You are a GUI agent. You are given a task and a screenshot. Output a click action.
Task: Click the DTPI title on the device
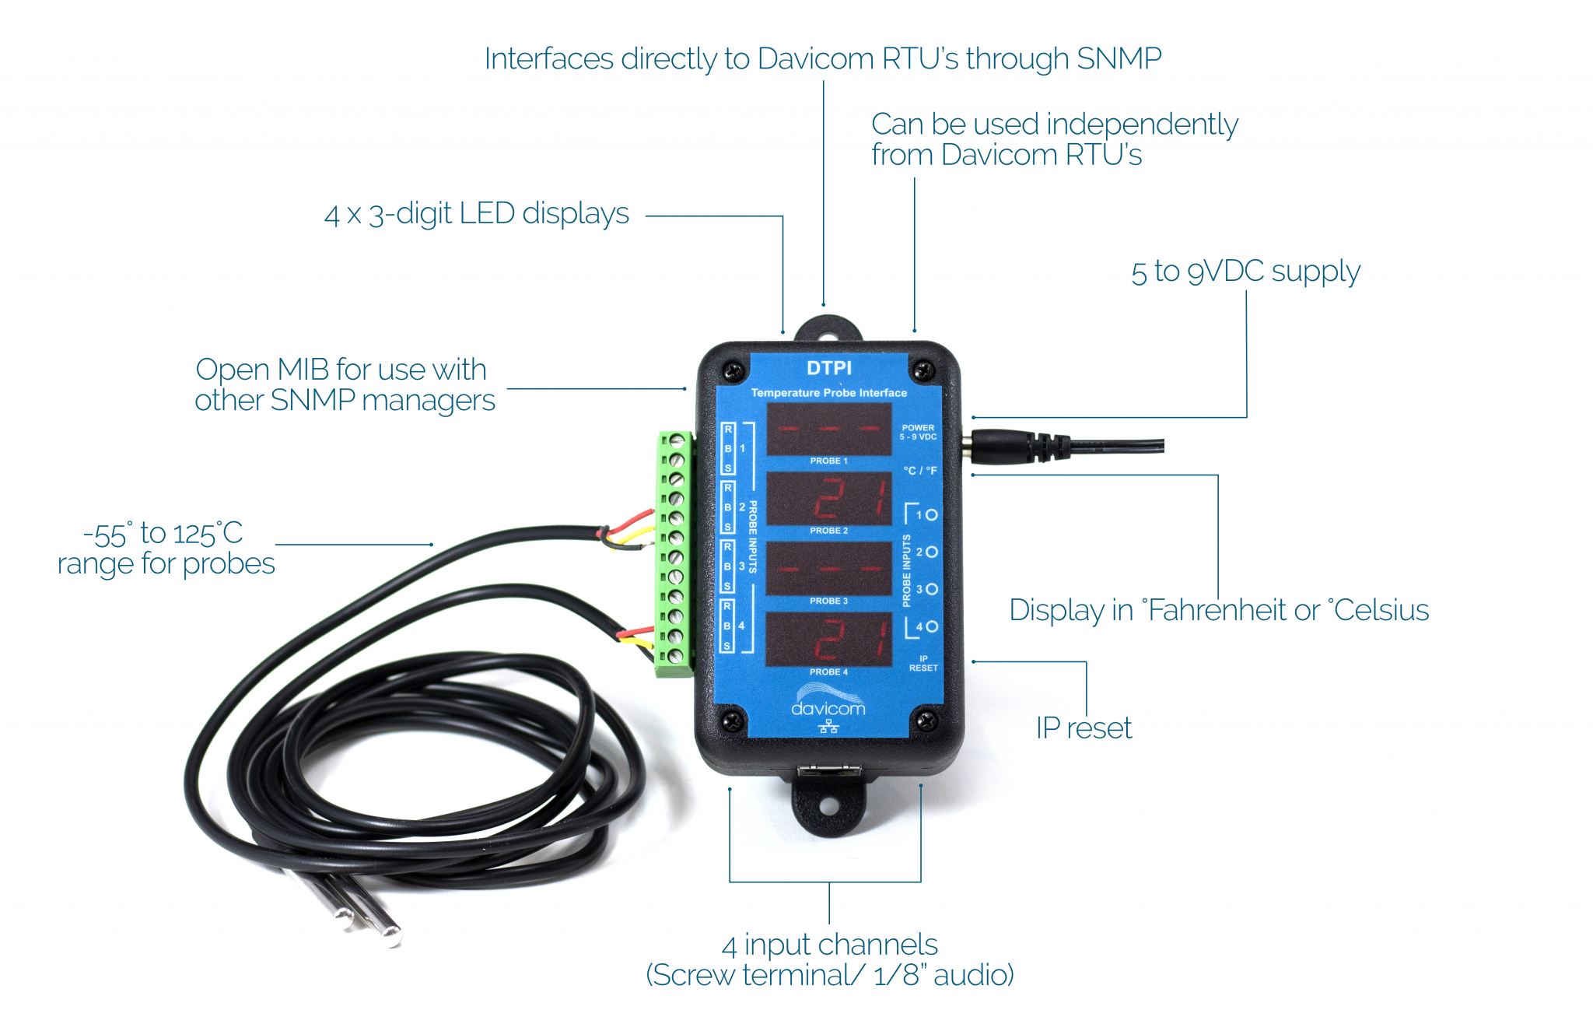tap(828, 368)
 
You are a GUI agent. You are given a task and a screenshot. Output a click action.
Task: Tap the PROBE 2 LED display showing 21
tap(829, 498)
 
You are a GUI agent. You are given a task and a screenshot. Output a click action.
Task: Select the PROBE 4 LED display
tap(829, 639)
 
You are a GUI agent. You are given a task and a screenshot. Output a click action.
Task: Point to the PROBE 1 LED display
tap(829, 429)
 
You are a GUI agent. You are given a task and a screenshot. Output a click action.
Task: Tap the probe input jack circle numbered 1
tap(931, 514)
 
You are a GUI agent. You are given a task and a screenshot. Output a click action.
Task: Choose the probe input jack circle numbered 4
tap(931, 626)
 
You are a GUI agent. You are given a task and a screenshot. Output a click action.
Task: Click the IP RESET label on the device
tap(923, 663)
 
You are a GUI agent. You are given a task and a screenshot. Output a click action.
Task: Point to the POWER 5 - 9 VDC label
tap(918, 432)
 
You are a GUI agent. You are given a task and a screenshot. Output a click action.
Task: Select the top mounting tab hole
tap(828, 337)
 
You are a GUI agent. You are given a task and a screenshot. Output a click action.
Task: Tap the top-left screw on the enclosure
tap(732, 370)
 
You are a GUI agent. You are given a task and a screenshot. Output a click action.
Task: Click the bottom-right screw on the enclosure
tap(926, 721)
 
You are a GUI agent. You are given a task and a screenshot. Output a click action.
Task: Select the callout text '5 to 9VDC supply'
tap(1245, 272)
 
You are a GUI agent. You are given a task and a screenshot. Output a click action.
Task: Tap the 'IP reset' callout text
tap(1084, 728)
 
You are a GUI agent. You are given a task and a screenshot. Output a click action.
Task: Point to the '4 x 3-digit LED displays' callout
tap(476, 213)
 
